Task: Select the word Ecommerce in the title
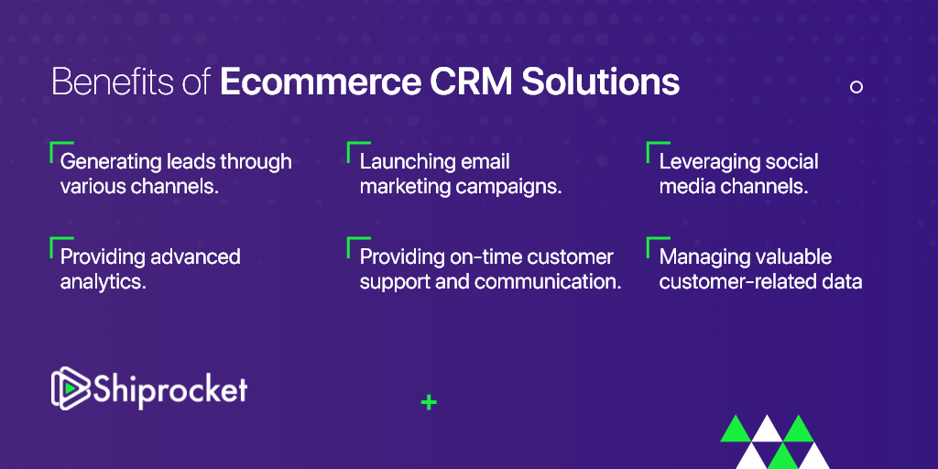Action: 320,83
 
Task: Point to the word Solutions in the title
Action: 601,83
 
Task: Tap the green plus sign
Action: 429,403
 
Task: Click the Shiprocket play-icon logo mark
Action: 70,387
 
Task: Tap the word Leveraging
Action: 705,162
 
